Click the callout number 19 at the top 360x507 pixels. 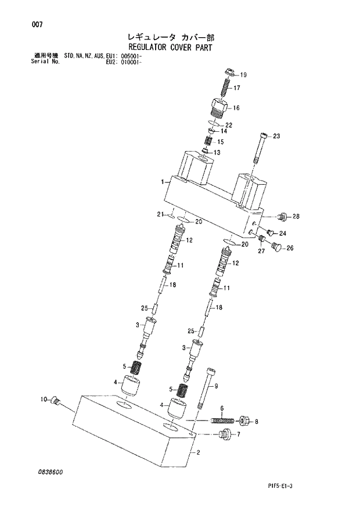(x=243, y=74)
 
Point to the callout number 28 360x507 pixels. (x=296, y=217)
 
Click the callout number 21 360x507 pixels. (x=160, y=215)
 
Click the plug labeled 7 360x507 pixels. (x=226, y=433)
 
